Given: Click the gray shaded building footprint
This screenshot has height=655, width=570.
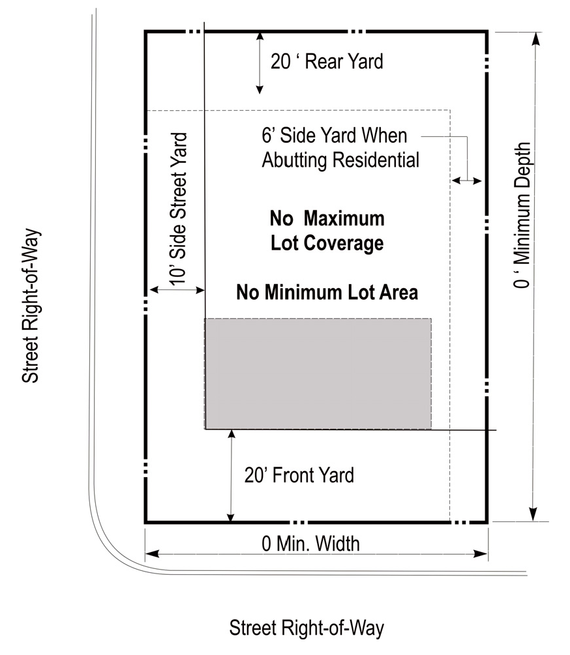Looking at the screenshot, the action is tap(318, 373).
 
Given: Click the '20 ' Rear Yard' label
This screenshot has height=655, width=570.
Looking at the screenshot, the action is tap(327, 61).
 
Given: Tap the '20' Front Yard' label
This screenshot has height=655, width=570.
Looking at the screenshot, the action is tap(299, 475).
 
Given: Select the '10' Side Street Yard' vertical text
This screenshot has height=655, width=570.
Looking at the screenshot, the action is tap(178, 209).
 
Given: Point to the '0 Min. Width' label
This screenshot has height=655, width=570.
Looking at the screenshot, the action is tap(310, 544).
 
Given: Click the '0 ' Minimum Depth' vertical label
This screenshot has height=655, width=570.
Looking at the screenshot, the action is tap(522, 215).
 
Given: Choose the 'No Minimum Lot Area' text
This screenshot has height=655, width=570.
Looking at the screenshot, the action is tap(327, 292).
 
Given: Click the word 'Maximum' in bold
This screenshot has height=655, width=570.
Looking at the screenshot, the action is tap(344, 218).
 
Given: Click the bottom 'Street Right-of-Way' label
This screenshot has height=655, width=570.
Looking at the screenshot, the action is tap(307, 628).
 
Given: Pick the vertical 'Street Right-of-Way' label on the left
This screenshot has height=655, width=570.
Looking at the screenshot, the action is tap(31, 306).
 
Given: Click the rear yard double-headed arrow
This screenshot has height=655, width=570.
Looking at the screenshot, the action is tap(260, 63).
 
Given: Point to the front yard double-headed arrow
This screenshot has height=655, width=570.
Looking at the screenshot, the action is tap(231, 476).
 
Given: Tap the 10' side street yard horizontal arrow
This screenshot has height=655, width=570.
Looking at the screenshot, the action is tap(177, 289).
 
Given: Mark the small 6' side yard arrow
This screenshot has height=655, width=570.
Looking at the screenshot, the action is tap(467, 181).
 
